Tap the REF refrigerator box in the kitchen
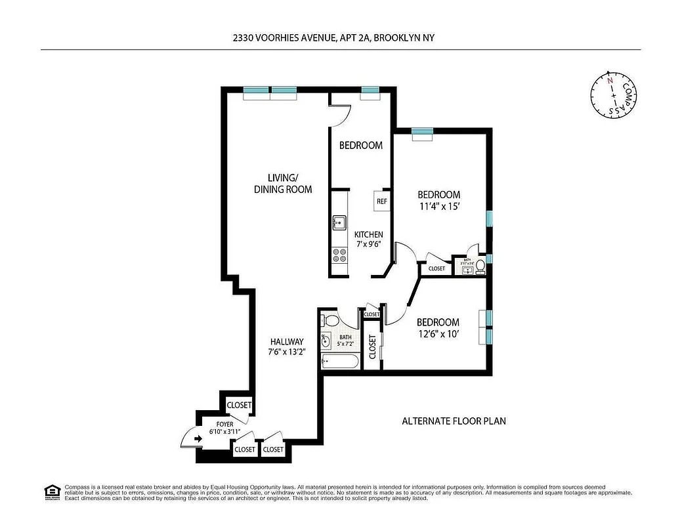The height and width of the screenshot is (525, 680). [382, 201]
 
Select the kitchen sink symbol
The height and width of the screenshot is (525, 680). [339, 224]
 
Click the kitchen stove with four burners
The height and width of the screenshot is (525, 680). [339, 255]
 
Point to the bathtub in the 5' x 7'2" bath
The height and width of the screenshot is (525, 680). [339, 361]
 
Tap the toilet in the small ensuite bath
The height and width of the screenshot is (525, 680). [480, 266]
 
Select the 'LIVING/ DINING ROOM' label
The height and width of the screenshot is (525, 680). [283, 183]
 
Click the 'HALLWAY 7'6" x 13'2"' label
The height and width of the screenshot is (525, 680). [287, 346]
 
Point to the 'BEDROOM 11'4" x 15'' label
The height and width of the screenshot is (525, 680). [439, 200]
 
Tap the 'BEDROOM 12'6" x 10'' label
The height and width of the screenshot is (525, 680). [438, 327]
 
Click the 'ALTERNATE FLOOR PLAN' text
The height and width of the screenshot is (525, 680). [454, 421]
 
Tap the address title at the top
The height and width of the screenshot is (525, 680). [333, 39]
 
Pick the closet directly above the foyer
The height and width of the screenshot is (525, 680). [239, 406]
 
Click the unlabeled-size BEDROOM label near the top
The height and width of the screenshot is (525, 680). [360, 146]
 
